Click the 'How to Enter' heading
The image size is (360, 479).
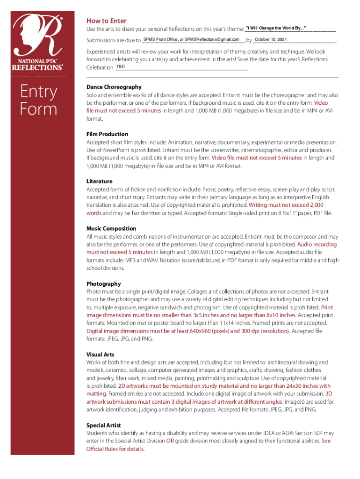click(106, 21)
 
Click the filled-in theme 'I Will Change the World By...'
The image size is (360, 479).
click(276, 29)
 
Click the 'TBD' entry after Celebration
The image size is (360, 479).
click(120, 67)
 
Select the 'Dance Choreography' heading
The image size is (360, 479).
click(114, 87)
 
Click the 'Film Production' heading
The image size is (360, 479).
click(107, 134)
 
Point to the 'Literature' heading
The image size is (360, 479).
click(100, 181)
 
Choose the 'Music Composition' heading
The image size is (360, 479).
click(111, 229)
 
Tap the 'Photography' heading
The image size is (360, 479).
click(103, 284)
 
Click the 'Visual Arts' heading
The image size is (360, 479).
click(100, 355)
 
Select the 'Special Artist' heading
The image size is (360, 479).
click(103, 425)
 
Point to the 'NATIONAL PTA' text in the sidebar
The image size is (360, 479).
click(38, 61)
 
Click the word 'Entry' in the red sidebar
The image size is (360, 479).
click(38, 92)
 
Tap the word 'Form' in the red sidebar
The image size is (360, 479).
click(38, 109)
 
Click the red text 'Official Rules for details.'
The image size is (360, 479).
click(115, 449)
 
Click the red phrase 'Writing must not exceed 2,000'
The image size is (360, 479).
click(286, 205)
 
